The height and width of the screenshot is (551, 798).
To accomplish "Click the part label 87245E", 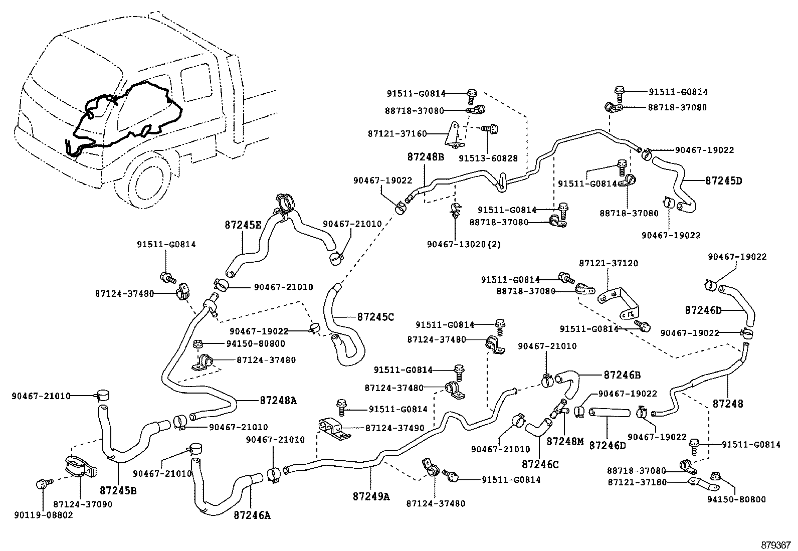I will [243, 226].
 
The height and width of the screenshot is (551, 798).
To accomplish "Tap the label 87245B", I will [118, 490].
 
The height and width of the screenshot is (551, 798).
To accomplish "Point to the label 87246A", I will [252, 515].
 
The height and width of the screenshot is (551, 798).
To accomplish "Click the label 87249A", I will [371, 496].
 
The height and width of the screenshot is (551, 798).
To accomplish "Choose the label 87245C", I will [376, 317].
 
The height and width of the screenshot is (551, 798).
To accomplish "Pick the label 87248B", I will [426, 156].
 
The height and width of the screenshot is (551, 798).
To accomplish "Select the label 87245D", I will [723, 180].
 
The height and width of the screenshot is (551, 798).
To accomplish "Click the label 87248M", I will [565, 441].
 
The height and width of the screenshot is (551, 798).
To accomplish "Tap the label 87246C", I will [540, 464].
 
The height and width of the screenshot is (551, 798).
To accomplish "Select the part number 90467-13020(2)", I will [464, 244].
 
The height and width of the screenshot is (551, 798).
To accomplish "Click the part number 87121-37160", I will [397, 133].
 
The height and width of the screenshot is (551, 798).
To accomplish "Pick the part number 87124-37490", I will [394, 428].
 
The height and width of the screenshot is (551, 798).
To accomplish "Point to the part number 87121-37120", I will [609, 263].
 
